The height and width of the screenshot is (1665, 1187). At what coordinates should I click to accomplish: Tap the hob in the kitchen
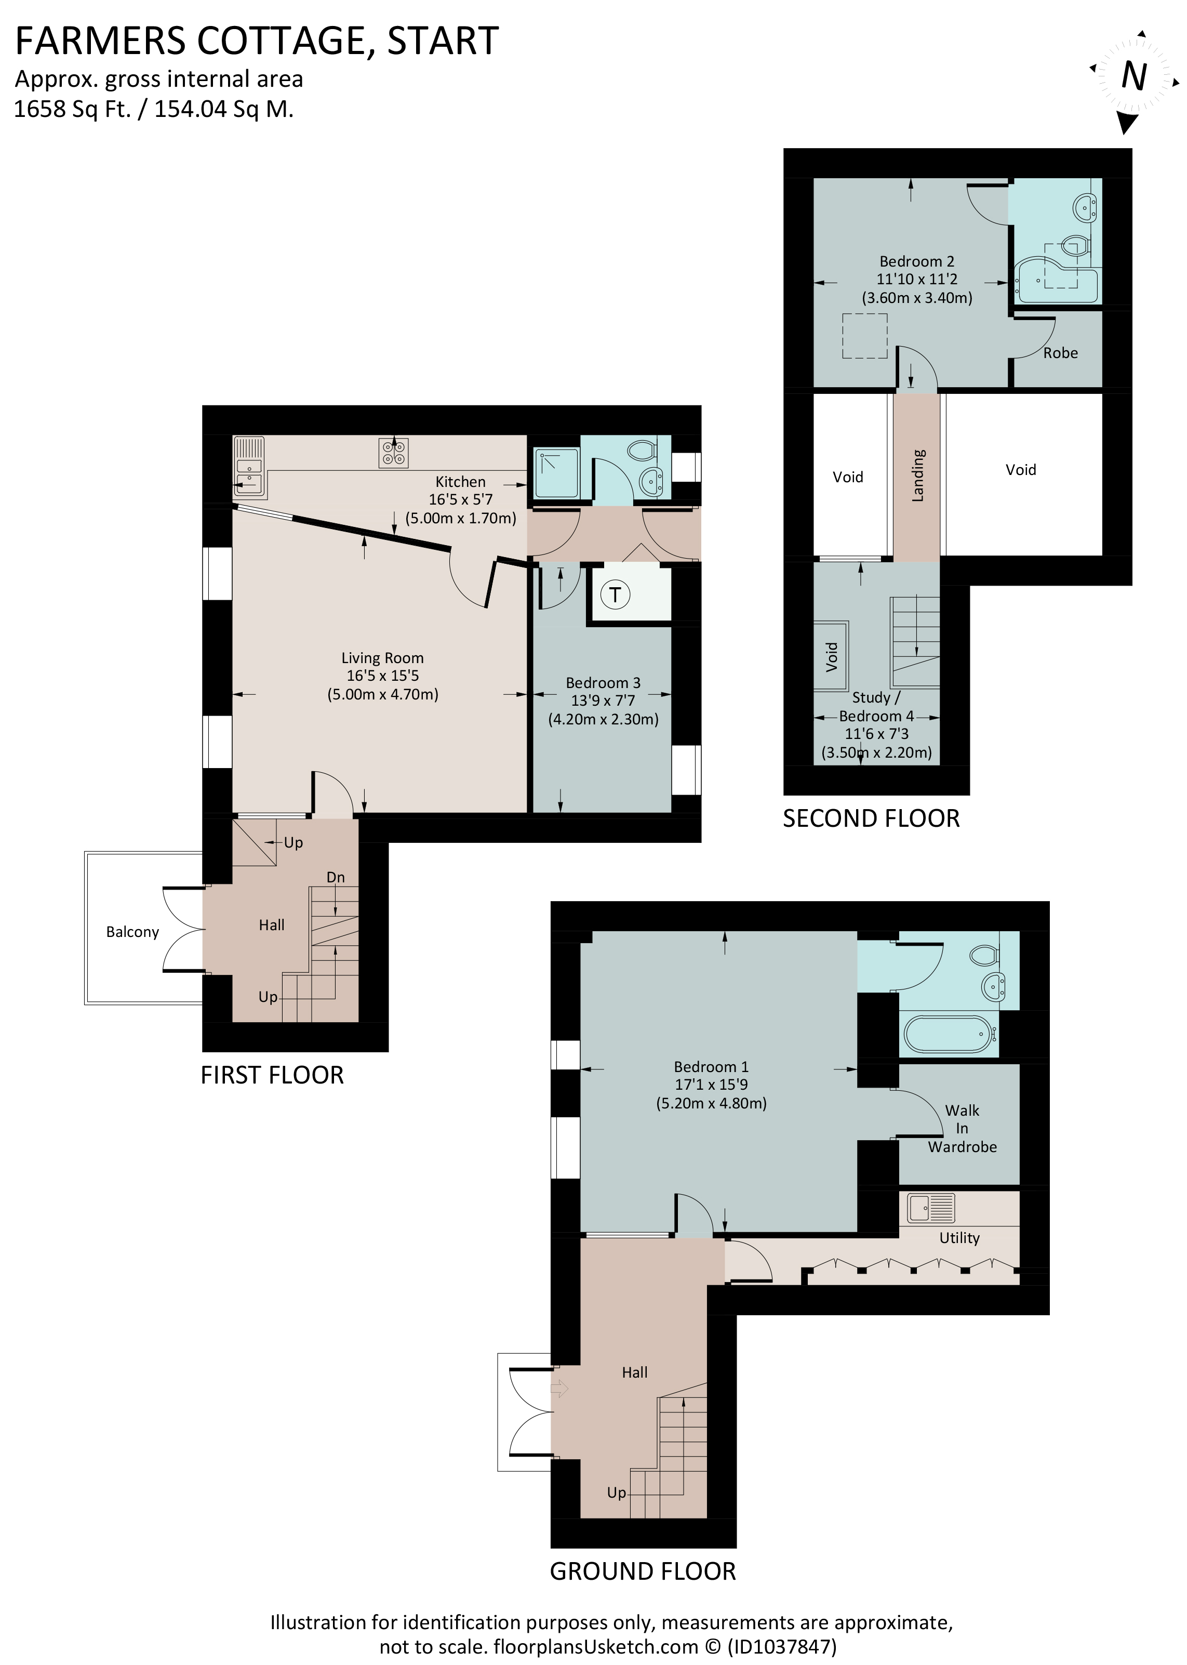tap(393, 452)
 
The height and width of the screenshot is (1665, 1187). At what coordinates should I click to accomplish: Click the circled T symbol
tap(616, 594)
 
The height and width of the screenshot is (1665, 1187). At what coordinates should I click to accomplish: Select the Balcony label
tap(132, 932)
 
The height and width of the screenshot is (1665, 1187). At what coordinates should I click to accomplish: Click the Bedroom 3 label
tap(603, 682)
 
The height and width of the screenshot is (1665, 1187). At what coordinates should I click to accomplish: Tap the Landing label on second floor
tap(918, 475)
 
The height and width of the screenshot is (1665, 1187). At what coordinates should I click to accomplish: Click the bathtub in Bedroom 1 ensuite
tap(948, 1034)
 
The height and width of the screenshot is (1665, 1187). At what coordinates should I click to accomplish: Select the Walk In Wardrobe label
tap(962, 1128)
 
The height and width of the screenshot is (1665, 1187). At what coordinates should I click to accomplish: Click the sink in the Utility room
tap(930, 1208)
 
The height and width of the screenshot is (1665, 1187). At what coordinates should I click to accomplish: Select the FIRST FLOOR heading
tap(272, 1075)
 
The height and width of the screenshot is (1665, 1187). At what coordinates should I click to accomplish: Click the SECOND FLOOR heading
tap(871, 818)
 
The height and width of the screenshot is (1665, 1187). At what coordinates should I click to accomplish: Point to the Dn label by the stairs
tap(336, 877)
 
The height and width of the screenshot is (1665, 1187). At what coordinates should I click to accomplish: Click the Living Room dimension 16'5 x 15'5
tap(382, 676)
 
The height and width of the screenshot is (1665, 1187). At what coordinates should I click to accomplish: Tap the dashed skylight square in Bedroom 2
tap(865, 336)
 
